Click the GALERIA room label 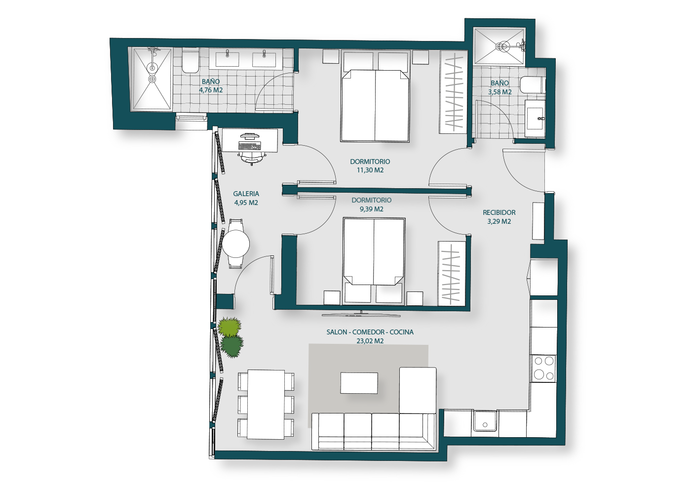(x=246, y=194)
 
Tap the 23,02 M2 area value (x=370, y=341)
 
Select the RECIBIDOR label (x=499, y=212)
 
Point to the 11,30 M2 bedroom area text (x=370, y=170)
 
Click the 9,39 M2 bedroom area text (x=371, y=209)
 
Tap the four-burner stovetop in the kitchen (x=543, y=369)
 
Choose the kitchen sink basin (x=485, y=421)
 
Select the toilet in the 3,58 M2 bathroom (x=533, y=85)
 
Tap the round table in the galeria (x=236, y=244)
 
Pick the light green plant (x=230, y=327)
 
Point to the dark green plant (x=232, y=346)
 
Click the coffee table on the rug (x=359, y=383)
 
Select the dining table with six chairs (x=266, y=404)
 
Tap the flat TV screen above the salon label (x=361, y=315)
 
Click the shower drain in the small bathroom (x=499, y=46)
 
